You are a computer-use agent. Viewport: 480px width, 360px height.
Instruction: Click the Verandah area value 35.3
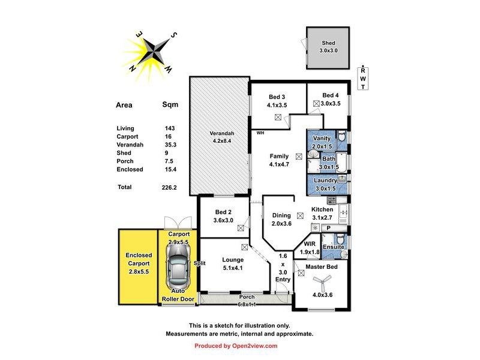tap(171, 145)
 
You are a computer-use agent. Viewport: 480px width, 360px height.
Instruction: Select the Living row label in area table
tap(125, 128)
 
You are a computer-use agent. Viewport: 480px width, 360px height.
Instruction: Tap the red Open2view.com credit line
tap(236, 346)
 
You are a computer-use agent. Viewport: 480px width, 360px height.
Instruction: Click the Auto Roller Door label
tap(179, 295)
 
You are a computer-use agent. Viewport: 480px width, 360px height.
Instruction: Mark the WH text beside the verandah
tap(260, 133)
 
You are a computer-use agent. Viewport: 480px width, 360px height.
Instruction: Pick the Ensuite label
tap(333, 247)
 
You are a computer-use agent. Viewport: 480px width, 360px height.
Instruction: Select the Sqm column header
tap(170, 105)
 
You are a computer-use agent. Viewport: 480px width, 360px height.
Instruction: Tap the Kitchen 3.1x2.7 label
tap(326, 213)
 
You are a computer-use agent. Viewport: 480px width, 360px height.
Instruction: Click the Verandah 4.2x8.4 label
tap(221, 137)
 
